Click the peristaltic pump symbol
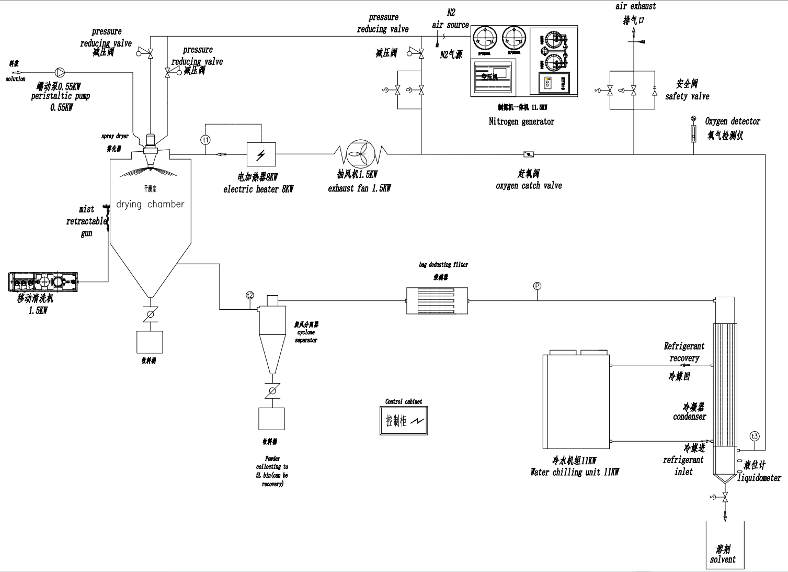59,72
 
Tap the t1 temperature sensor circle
205,140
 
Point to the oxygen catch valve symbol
529,154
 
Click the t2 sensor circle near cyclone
250,295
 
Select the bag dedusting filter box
437,300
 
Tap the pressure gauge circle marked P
537,286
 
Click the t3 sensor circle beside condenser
754,436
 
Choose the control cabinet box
403,420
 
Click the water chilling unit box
576,401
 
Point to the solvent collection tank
723,544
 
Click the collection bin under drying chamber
150,342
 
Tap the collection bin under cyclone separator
271,419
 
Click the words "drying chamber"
150,204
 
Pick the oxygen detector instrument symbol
693,133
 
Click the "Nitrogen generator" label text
521,121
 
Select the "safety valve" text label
687,96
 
